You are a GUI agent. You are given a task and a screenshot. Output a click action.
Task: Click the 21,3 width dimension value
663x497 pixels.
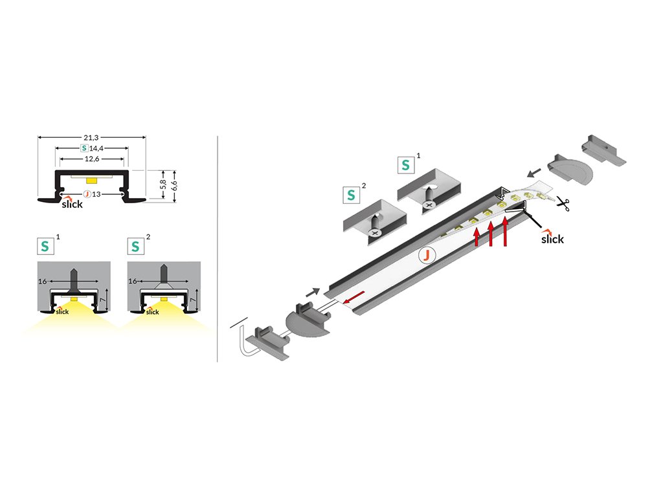pyautogui.click(x=91, y=137)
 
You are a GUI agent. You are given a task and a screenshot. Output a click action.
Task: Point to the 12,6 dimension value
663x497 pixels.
pyautogui.click(x=91, y=158)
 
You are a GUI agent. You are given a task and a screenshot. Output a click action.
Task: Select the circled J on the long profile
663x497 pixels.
pyautogui.click(x=427, y=256)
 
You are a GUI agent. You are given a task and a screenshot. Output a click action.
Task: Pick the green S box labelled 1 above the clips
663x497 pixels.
pyautogui.click(x=406, y=164)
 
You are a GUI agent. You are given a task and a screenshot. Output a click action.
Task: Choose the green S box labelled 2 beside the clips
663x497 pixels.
pyautogui.click(x=352, y=194)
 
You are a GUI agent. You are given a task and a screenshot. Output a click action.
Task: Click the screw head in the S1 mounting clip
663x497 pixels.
pyautogui.click(x=429, y=204)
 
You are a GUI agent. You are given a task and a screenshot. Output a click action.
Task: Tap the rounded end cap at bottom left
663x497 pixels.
pyautogui.click(x=304, y=321)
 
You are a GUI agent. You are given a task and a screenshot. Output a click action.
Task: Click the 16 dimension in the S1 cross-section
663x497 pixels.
pyautogui.click(x=43, y=282)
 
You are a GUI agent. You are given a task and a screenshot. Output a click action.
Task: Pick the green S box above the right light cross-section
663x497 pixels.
pyautogui.click(x=135, y=247)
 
